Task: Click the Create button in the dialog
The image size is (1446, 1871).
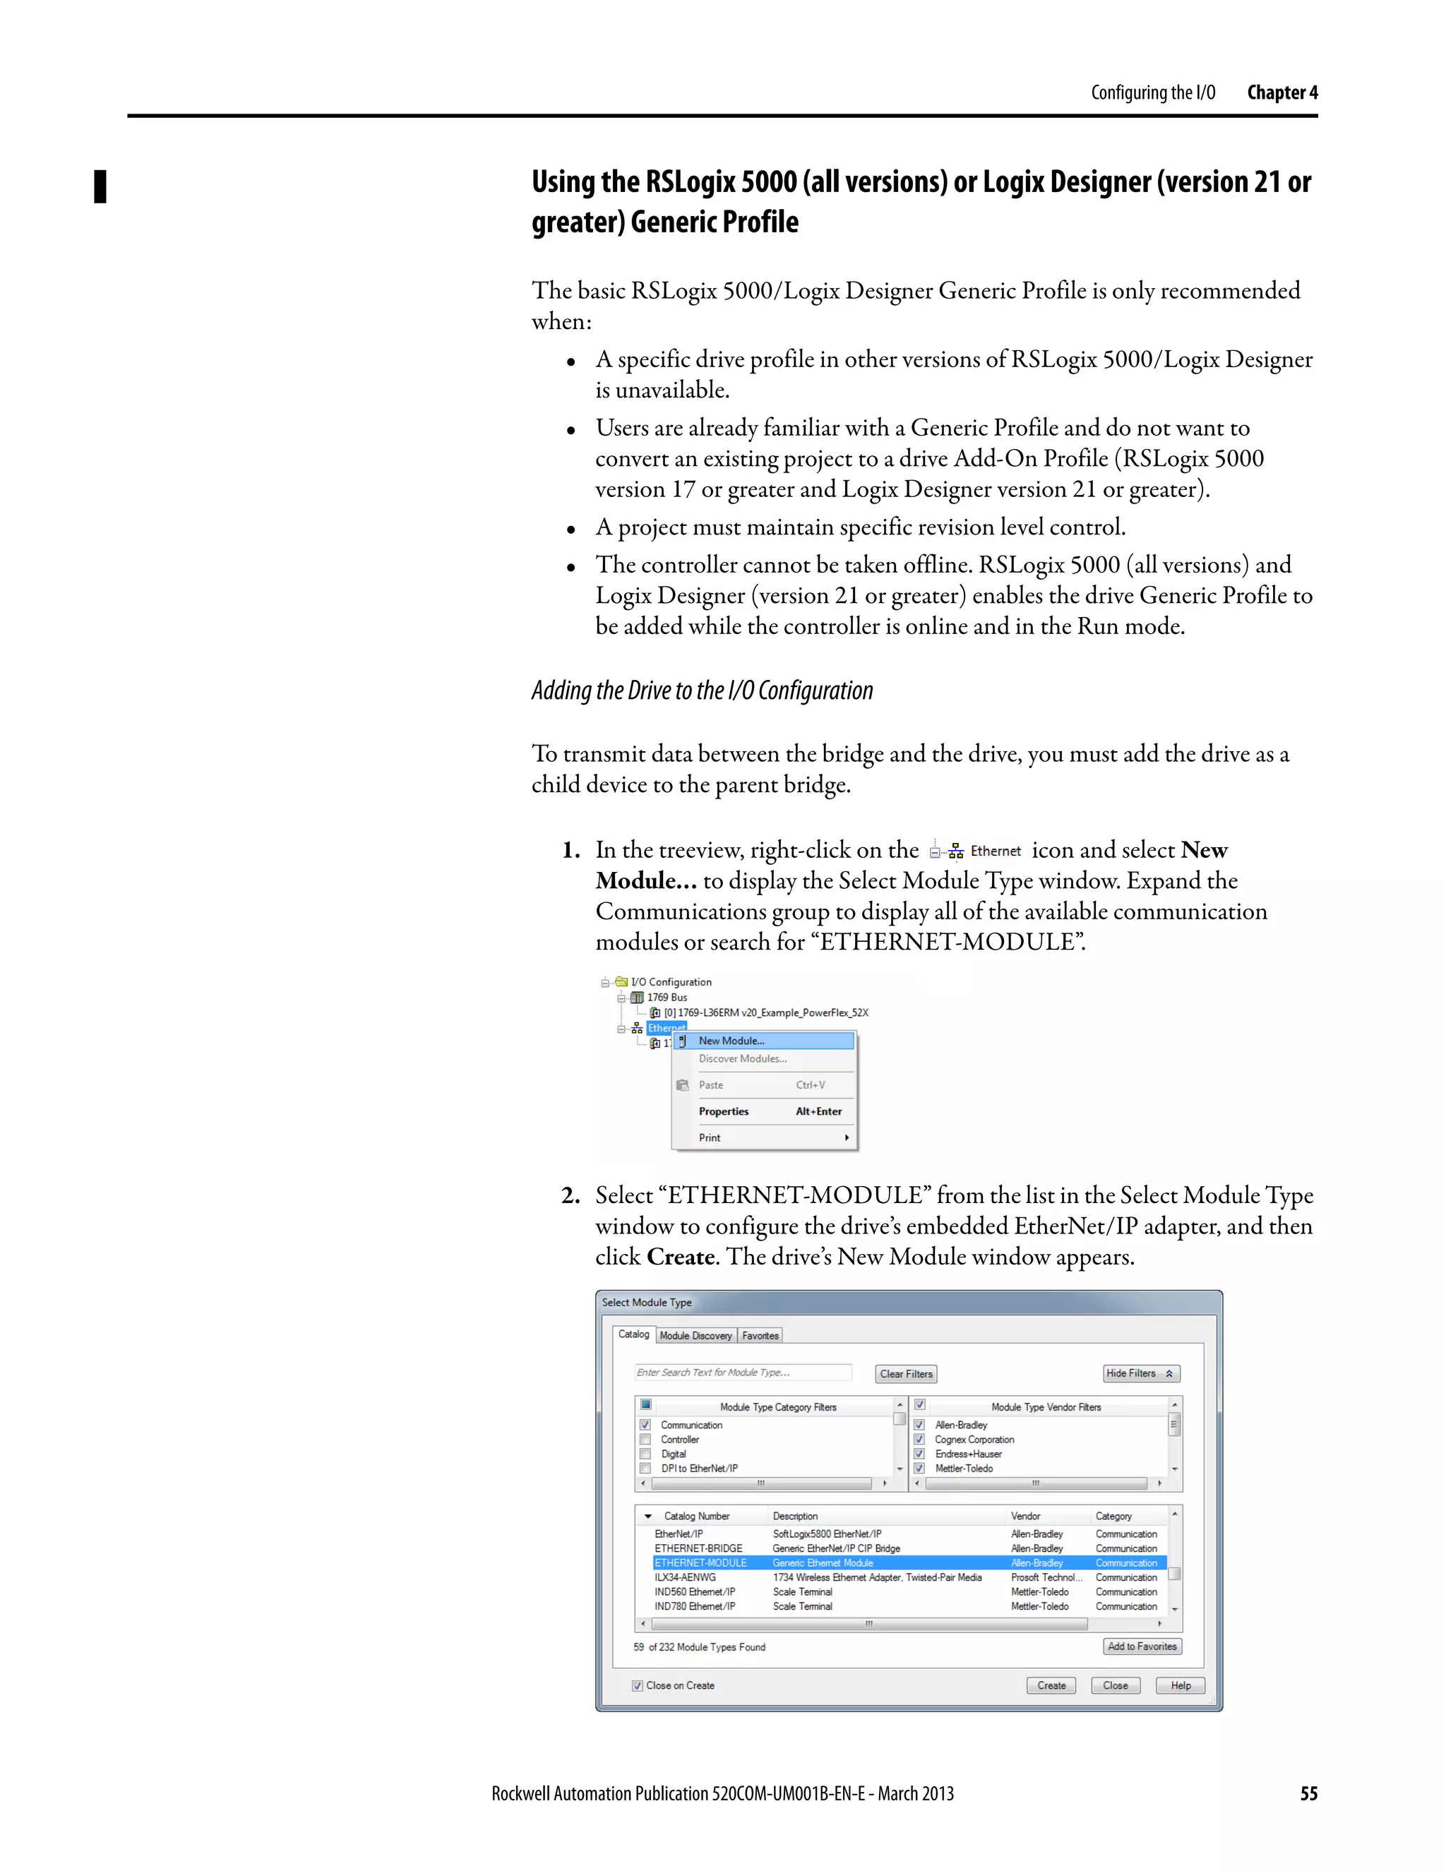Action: [1051, 1685]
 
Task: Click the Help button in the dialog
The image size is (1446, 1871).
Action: [1181, 1685]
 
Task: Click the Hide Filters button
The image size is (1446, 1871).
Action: [1141, 1373]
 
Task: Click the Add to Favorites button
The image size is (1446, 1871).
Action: [1142, 1646]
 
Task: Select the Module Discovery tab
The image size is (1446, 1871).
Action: [695, 1336]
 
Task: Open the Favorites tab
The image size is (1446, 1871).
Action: [760, 1336]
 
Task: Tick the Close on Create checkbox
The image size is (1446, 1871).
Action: [638, 1685]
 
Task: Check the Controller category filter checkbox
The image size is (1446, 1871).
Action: [645, 1439]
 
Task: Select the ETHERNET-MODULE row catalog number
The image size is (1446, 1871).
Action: [700, 1562]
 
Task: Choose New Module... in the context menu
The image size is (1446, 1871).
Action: [731, 1041]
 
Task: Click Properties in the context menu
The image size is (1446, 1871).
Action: [723, 1111]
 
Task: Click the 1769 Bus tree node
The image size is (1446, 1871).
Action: [667, 997]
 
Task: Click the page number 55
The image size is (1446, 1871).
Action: [1308, 1794]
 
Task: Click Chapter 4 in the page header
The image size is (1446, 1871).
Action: [1281, 92]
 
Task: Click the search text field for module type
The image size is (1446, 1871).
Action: [742, 1373]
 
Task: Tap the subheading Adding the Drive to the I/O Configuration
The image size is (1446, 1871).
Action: [702, 691]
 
